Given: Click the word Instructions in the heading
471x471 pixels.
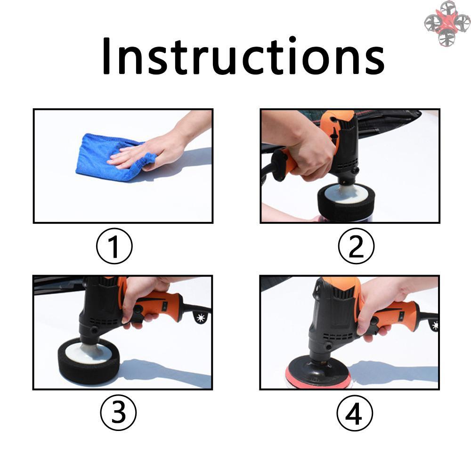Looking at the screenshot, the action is (x=243, y=57).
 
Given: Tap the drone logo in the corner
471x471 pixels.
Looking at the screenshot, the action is (x=447, y=24).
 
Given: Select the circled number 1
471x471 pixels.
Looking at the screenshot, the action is (x=114, y=246).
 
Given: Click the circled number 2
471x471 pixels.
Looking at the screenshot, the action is (x=356, y=246).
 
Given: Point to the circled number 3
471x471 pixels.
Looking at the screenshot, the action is (x=118, y=413).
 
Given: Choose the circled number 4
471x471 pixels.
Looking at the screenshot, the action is (x=355, y=413).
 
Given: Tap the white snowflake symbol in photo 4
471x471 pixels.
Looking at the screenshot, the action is (x=435, y=325).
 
